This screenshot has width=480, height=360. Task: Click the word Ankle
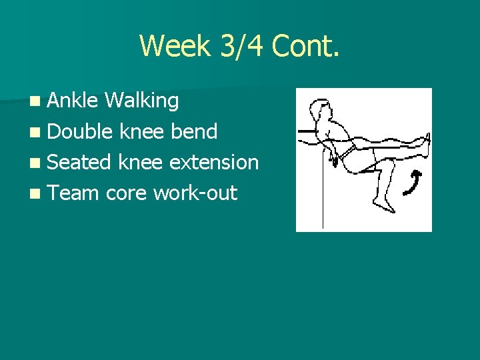coord(73,101)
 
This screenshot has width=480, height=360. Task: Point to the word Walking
coord(141,101)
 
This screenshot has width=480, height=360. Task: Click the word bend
coord(194,131)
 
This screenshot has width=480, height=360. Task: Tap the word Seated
coord(81,162)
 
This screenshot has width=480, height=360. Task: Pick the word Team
coord(73,193)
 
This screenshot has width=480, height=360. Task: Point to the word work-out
coord(195,193)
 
